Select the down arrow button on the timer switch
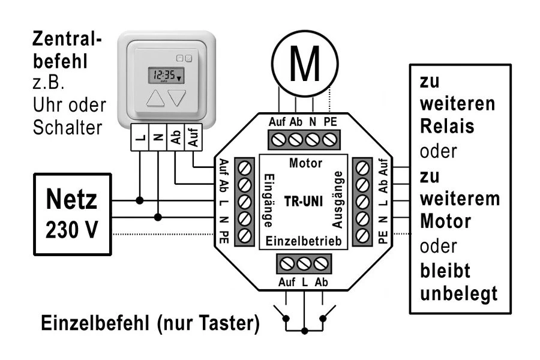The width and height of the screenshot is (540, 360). coord(178,99)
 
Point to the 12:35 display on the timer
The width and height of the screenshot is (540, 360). coord(166,76)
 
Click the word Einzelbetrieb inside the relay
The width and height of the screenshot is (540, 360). coord(304,241)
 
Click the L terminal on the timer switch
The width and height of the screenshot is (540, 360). coord(140,138)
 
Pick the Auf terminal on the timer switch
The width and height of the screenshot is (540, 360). coord(193,138)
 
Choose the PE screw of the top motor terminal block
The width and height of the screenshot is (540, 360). coord(329,139)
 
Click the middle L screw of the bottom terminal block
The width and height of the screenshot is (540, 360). coord(304,263)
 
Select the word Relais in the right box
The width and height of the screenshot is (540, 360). coord(447,127)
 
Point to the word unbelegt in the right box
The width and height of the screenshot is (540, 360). coord(459,293)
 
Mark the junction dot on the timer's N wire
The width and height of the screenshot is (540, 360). coord(158,216)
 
